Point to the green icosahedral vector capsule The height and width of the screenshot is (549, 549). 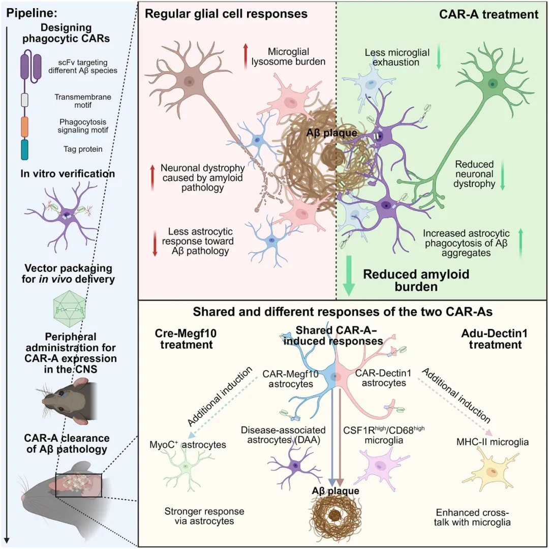click(68, 310)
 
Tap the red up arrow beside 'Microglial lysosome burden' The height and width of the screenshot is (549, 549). click(245, 54)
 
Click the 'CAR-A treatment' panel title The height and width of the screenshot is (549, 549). click(489, 14)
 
